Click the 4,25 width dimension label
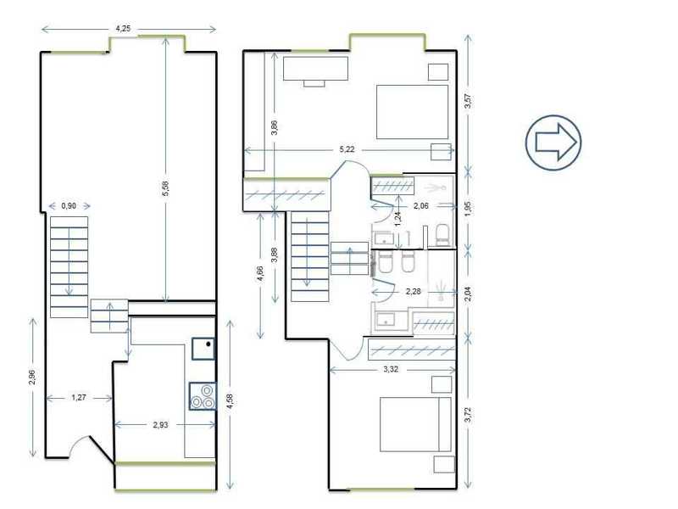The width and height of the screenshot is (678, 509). [x=123, y=29]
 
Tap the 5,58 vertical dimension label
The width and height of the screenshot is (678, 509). [x=165, y=188]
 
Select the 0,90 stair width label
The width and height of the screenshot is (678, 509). [x=69, y=205]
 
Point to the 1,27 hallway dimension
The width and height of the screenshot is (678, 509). [x=79, y=397]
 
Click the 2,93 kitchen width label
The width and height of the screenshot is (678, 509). [x=160, y=425]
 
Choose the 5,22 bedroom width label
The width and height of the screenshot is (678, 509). [x=347, y=149]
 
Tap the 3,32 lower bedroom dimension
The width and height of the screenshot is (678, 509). [x=391, y=369]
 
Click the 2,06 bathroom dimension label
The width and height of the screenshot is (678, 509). [x=421, y=205]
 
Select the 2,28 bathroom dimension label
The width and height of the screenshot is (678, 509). [x=414, y=291]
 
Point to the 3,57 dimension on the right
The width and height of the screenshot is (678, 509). [x=468, y=101]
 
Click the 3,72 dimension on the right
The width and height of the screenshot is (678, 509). [x=468, y=415]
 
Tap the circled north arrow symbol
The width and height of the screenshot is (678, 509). [x=553, y=143]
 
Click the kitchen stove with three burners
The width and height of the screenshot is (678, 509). [x=203, y=396]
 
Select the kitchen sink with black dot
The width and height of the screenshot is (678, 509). [x=203, y=349]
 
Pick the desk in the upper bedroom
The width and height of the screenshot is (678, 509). [x=315, y=71]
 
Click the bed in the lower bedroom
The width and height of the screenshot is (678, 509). [x=415, y=424]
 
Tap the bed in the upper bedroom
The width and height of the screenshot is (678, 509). [x=412, y=112]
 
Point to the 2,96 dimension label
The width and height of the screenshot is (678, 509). [x=32, y=377]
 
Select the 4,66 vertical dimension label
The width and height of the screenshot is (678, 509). [x=260, y=273]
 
